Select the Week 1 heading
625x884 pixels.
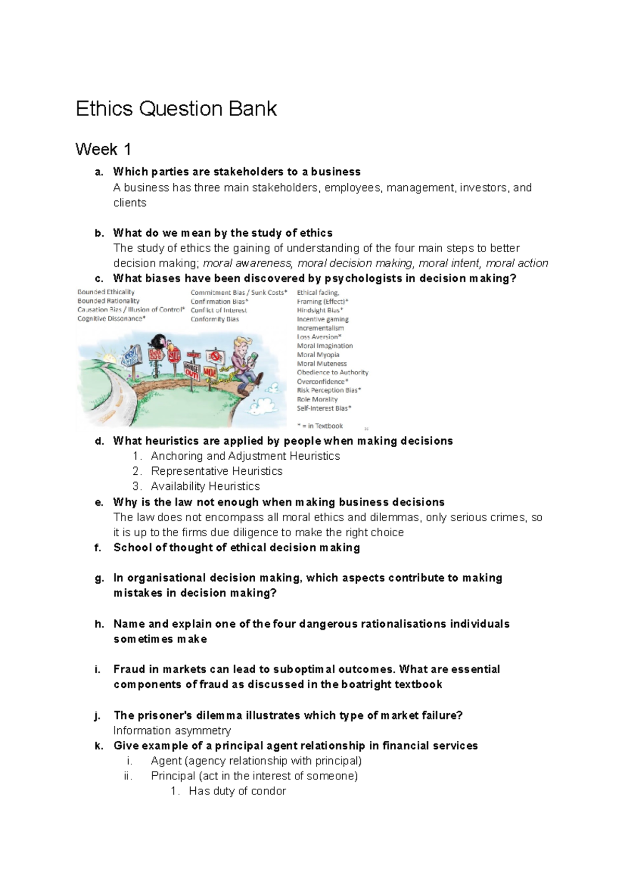click(103, 150)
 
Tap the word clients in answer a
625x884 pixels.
click(130, 203)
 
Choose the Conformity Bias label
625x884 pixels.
click(215, 319)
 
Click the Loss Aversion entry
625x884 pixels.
click(319, 337)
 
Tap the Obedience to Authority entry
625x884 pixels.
click(332, 373)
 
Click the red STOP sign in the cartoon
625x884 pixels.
click(173, 356)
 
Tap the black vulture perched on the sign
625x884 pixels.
click(156, 343)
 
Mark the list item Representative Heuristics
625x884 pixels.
click(217, 471)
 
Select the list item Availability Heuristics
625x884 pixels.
click(205, 486)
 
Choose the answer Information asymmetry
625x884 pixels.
click(172, 730)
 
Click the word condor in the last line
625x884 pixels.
click(268, 791)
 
